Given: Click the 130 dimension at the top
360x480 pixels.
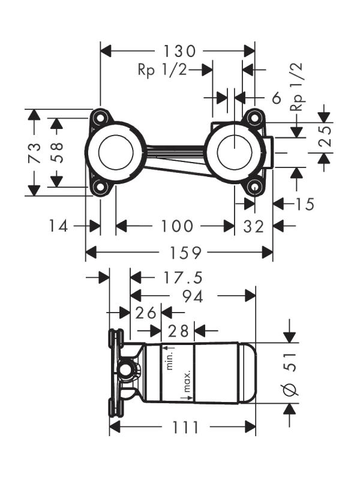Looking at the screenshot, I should pos(179,50).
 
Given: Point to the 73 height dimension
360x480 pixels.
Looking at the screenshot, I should pos(35,152).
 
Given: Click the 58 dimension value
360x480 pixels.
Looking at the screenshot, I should pos(57,152).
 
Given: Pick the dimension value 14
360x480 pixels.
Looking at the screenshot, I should pos(59,226).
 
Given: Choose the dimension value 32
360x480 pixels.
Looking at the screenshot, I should pos(254,226).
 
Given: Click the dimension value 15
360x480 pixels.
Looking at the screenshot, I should pos(305,205).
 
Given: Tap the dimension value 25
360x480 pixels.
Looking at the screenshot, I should pos(325,137).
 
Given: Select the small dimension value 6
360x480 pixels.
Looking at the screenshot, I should pos(277,97).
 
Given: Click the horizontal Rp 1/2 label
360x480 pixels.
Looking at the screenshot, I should pos(162,70).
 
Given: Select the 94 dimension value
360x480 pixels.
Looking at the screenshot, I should pos(192,296).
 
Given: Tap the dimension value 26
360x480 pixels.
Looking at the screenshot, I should pos(145,313).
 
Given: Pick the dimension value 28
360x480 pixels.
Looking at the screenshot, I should pos(179,331).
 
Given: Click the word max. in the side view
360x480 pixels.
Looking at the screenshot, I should pos(188,378).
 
